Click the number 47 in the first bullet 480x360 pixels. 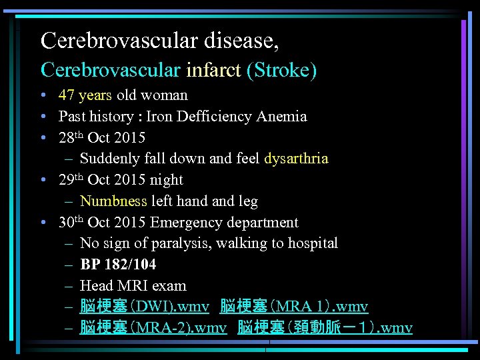[67, 95]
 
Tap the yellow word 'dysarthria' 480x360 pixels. [296, 159]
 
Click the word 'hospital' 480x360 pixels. [313, 243]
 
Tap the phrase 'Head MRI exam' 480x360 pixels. [133, 286]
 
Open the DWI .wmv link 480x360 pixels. [144, 307]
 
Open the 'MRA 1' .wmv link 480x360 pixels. [293, 307]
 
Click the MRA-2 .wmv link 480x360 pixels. [153, 328]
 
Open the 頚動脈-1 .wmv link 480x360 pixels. [325, 328]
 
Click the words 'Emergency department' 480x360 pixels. [225, 223]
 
